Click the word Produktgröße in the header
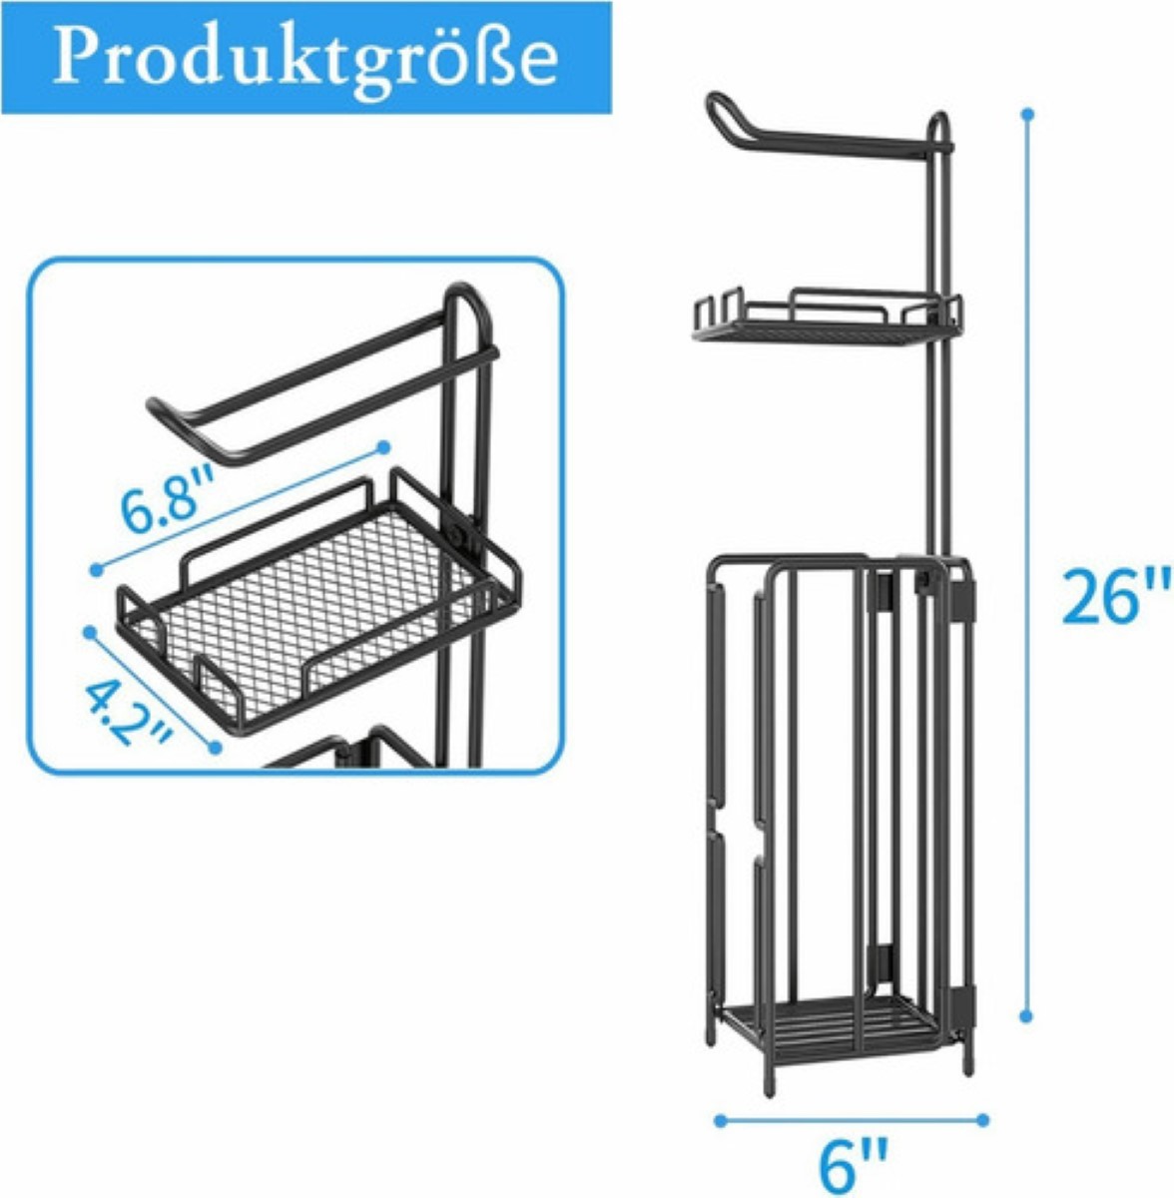[304, 57]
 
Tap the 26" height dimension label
[1114, 597]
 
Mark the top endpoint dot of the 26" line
[1028, 114]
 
